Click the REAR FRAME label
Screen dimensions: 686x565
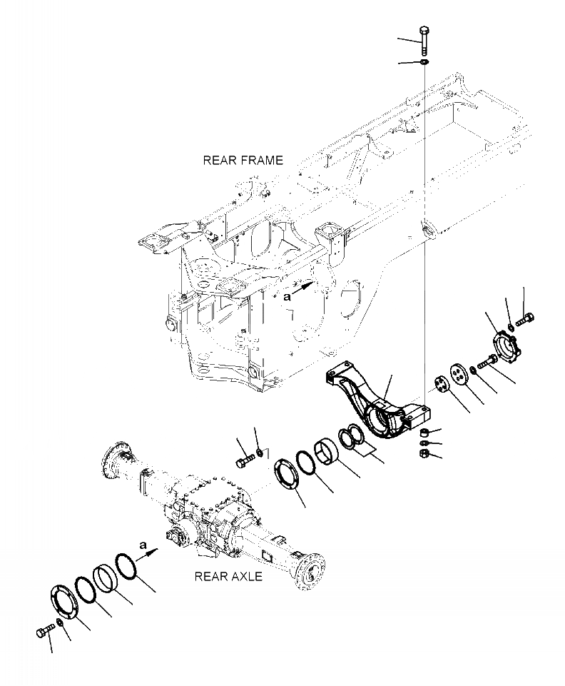coord(243,161)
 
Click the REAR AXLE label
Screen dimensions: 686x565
coord(228,576)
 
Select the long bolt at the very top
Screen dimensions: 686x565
coord(424,41)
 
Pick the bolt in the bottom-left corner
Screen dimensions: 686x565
coord(44,631)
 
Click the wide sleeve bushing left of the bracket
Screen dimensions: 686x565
coord(330,451)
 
